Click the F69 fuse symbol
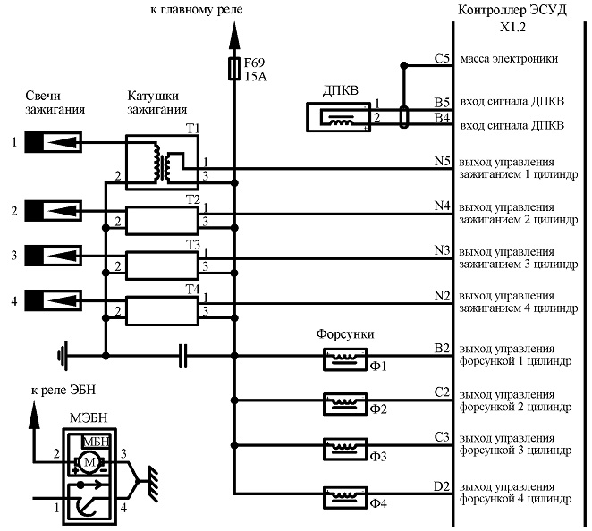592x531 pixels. point(234,69)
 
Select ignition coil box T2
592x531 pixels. point(163,221)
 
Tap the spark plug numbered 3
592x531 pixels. point(54,256)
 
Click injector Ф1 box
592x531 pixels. point(345,358)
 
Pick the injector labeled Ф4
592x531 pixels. point(345,497)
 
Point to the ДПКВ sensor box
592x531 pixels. point(338,117)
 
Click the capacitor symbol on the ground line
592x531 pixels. point(182,356)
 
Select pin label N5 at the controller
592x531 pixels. point(443,161)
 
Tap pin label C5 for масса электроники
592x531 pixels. point(443,58)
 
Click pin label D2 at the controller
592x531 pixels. point(442,486)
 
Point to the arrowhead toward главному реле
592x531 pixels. point(234,36)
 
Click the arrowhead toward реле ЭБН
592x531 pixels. point(34,415)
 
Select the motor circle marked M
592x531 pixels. point(89,461)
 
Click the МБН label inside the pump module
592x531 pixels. point(97,442)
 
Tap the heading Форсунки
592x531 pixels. point(345,334)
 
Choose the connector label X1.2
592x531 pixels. point(513,27)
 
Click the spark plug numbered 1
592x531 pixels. point(54,142)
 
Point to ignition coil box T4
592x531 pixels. point(163,310)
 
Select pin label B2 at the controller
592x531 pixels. point(442,348)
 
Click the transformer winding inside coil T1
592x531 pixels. point(163,163)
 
